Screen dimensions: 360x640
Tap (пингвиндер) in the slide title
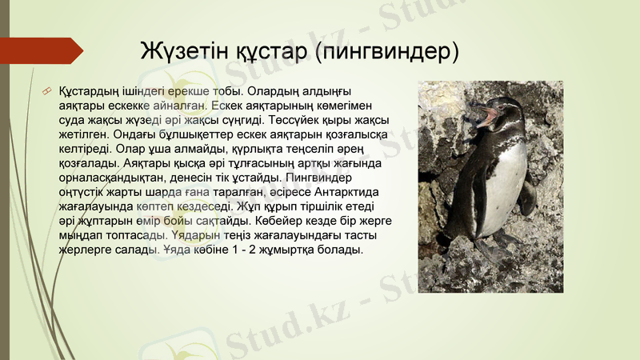click(388, 50)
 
